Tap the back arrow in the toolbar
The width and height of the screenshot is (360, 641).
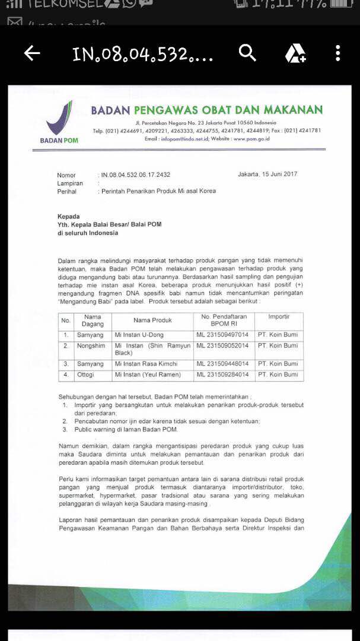pos(32,53)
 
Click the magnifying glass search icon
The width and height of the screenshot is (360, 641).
pos(247,53)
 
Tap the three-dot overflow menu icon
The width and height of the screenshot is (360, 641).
pos(337,53)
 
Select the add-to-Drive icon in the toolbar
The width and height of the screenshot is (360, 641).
pos(295,53)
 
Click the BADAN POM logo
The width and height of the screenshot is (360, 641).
pos(59,122)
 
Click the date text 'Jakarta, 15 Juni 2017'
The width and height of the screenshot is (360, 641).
pos(267,174)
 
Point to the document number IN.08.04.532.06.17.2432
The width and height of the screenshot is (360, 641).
pos(136,175)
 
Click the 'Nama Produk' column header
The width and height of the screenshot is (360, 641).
pos(152,320)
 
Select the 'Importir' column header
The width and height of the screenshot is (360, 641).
pos(279,317)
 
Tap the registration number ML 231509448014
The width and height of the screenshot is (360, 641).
pos(222,363)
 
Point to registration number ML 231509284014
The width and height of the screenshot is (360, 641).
pos(222,375)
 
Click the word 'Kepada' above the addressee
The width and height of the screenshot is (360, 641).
pos(68,217)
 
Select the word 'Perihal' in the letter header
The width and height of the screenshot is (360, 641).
pos(67,192)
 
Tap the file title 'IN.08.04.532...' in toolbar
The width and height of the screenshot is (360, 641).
pos(142,55)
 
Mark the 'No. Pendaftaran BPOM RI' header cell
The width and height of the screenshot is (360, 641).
pos(222,320)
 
